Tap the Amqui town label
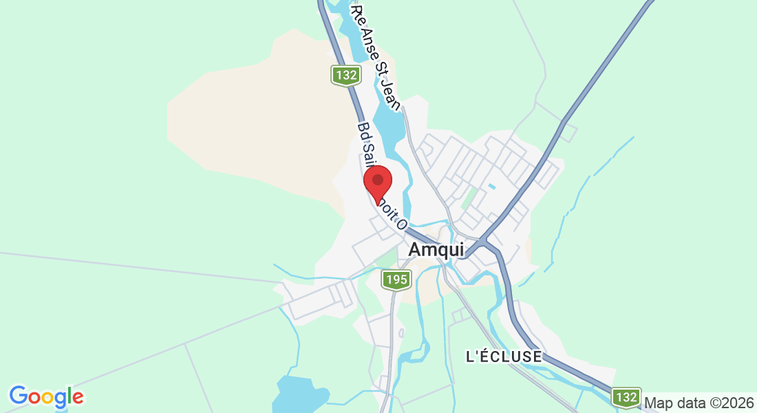pos(436,250)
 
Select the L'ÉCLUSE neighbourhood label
pos(504,357)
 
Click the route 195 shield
pos(396,280)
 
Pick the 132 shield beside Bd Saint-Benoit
pos(345,75)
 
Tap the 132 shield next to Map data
pos(626,397)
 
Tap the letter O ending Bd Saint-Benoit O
pos(403,224)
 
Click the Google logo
pos(46,396)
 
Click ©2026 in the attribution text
pos(730,401)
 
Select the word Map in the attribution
pos(657,401)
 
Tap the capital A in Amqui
pos(416,250)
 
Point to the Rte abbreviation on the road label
pos(357,13)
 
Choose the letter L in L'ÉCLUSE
pos(471,357)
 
